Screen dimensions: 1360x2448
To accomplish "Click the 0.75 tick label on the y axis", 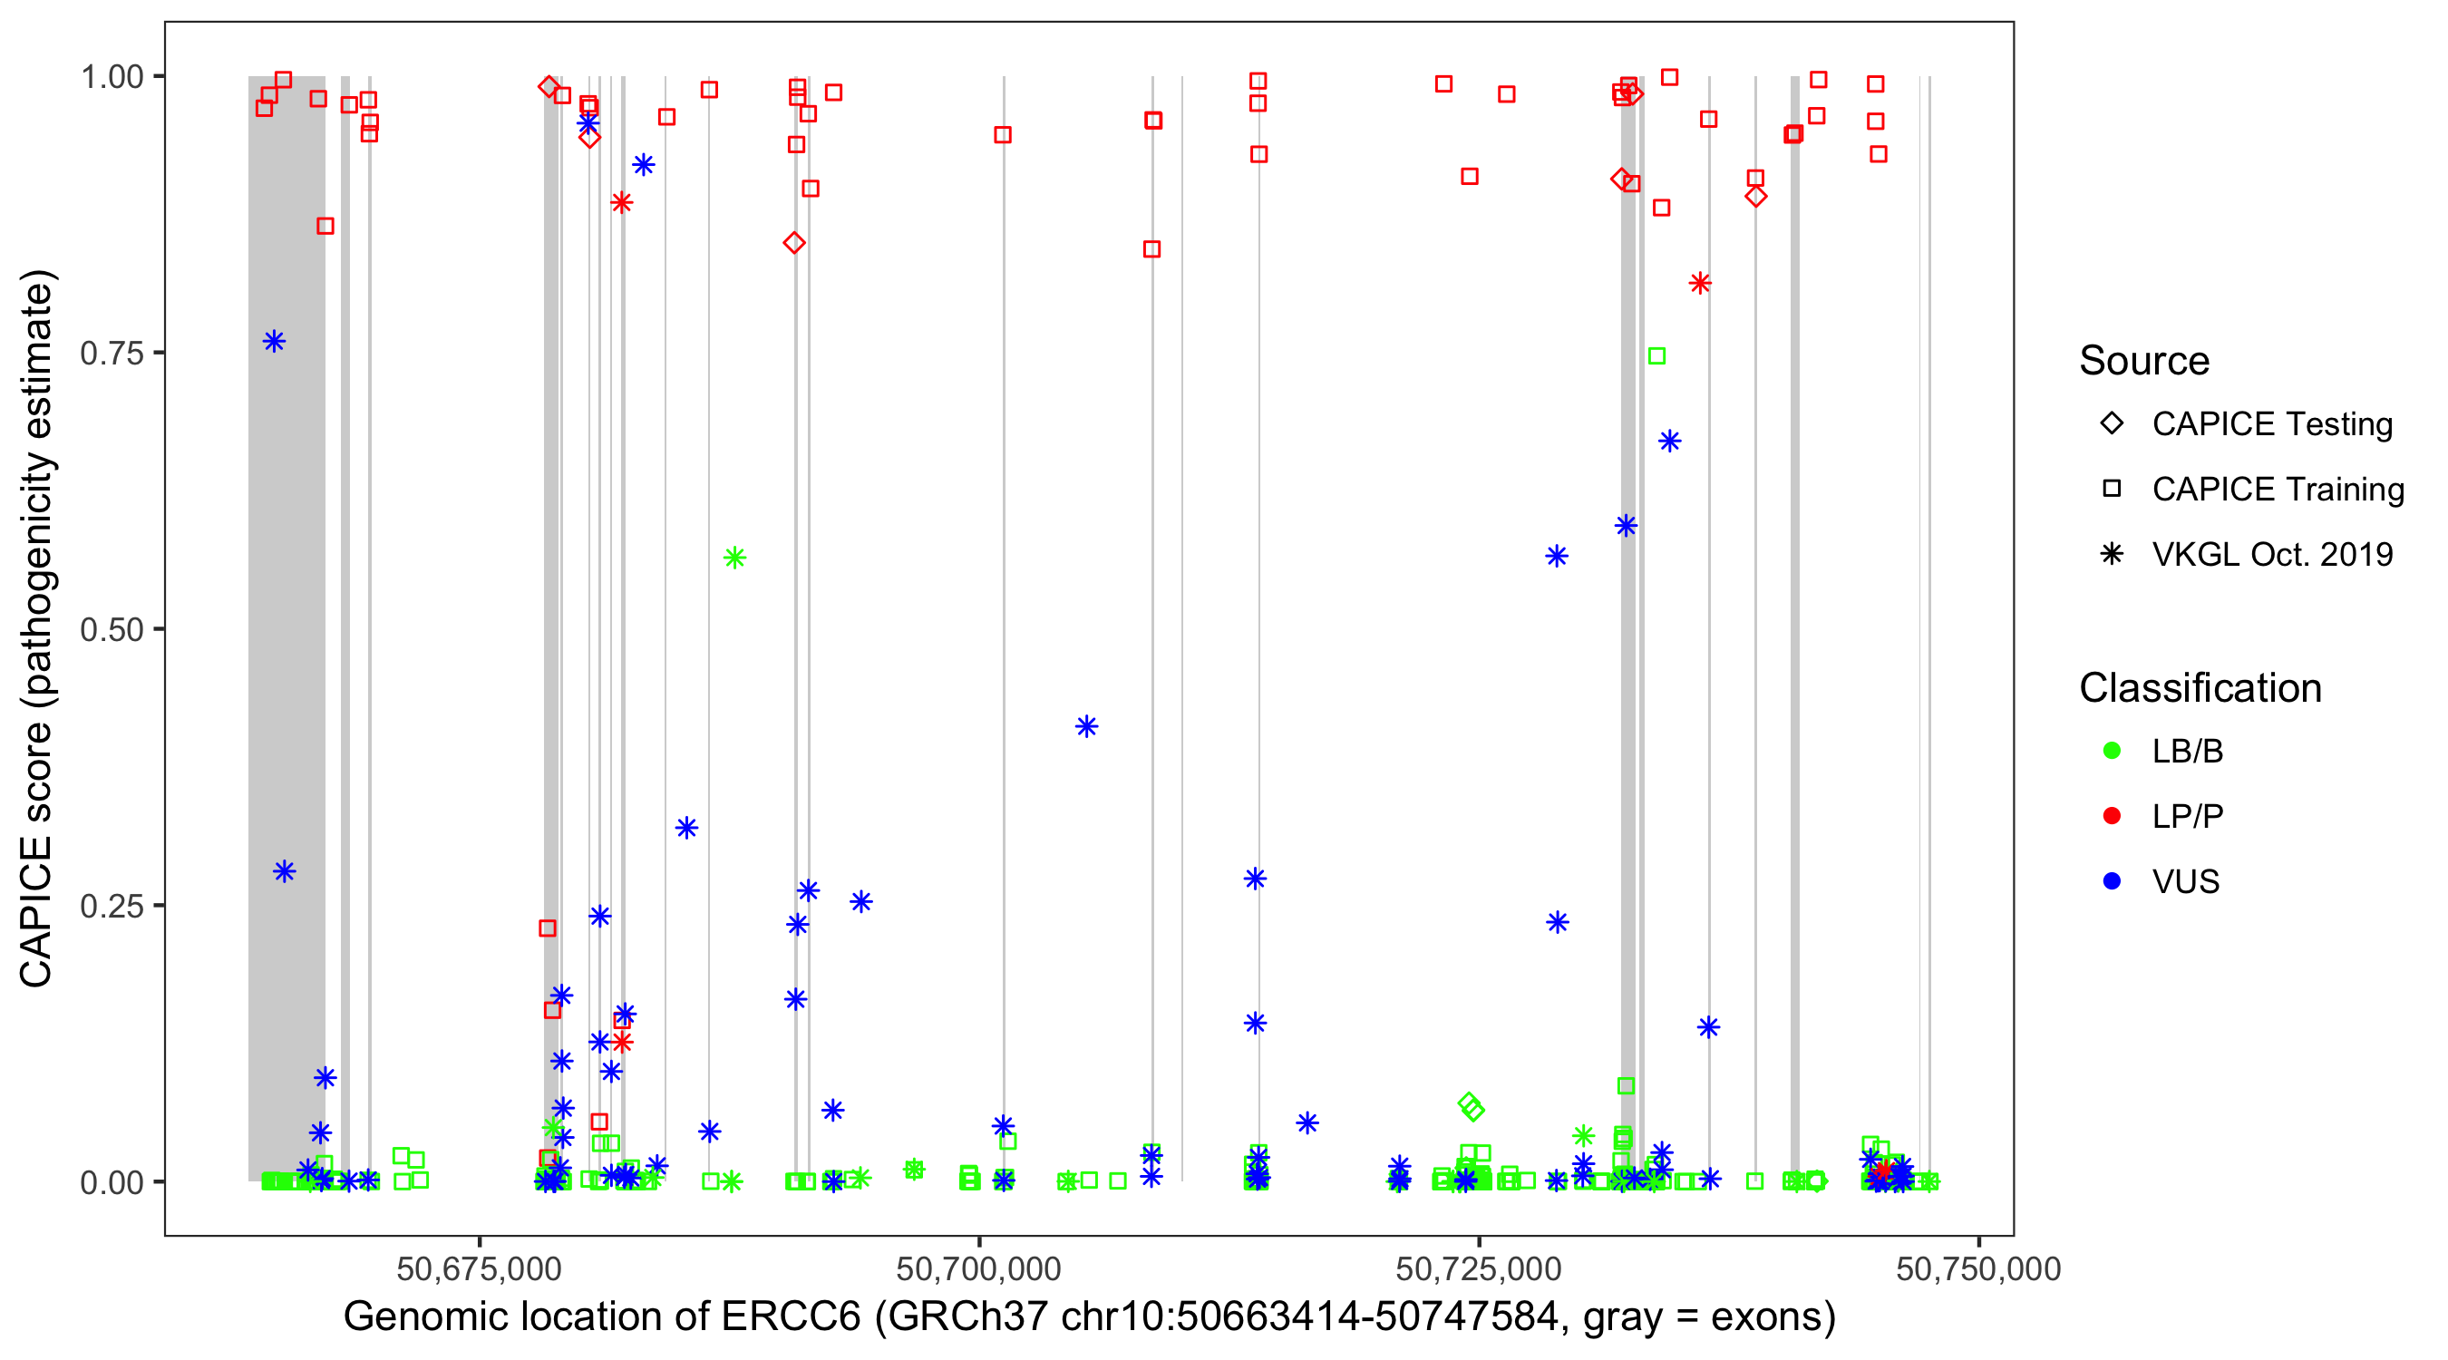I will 111,354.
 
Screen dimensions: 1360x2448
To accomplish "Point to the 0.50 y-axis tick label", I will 111,630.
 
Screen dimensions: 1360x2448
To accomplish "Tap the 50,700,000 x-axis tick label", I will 978,1268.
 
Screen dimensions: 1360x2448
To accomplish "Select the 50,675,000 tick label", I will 479,1268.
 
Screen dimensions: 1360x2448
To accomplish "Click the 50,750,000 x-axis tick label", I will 1977,1268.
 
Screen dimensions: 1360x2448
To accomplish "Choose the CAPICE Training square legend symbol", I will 2112,490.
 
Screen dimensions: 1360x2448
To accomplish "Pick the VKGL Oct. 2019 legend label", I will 2272,555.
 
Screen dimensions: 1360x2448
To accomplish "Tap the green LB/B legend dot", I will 2112,752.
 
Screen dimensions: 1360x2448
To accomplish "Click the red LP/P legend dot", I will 2112,816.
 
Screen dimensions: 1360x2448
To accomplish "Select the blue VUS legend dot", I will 2112,882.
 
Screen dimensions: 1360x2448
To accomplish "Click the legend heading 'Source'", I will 2144,361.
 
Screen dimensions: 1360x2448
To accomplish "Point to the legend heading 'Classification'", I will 2200,688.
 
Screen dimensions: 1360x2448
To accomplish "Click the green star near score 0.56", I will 734,558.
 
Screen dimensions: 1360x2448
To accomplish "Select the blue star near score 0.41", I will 1086,727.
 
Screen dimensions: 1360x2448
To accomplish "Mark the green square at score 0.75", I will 1656,356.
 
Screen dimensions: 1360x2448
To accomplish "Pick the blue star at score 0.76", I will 274,342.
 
